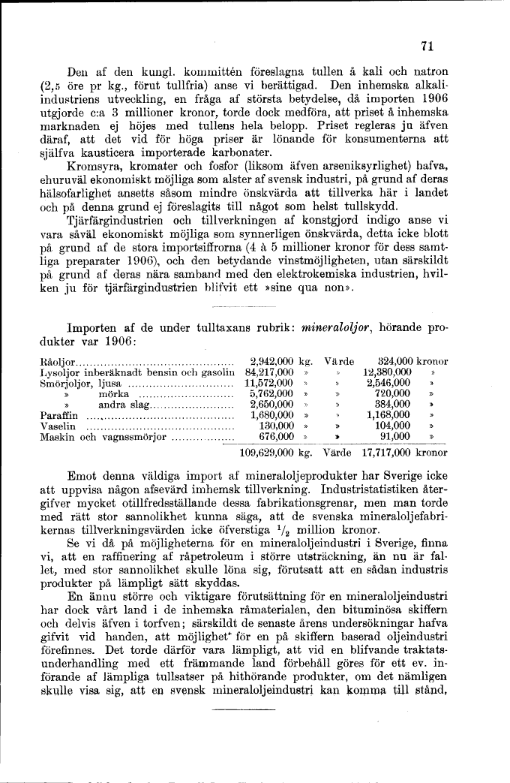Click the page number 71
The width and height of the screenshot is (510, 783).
pos(428,46)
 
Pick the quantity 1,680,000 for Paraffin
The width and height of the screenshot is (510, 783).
pos(271,414)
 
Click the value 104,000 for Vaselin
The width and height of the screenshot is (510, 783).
pos(391,425)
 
